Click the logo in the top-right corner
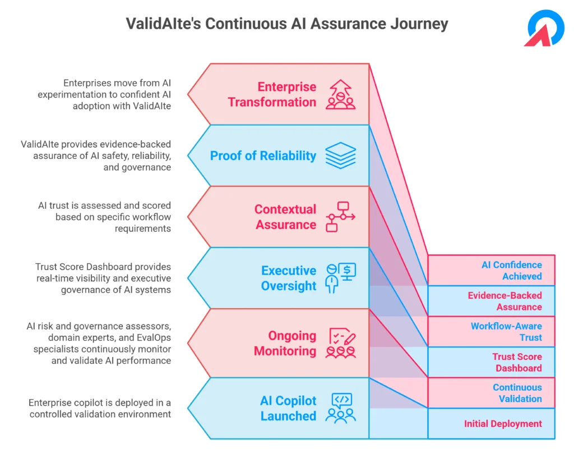[544, 28]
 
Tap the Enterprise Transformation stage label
[272, 94]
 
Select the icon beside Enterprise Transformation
[340, 94]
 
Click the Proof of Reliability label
[263, 155]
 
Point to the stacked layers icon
[340, 155]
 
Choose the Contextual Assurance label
[285, 217]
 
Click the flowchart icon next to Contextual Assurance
[340, 217]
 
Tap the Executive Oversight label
[289, 278]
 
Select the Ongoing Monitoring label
[285, 343]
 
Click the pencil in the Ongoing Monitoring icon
[350, 338]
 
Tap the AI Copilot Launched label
[288, 408]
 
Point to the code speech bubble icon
[342, 400]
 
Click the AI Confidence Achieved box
[491, 270]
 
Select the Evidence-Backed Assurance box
[491, 301]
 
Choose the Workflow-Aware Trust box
[491, 331]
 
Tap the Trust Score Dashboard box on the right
[491, 362]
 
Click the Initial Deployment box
[491, 423]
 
